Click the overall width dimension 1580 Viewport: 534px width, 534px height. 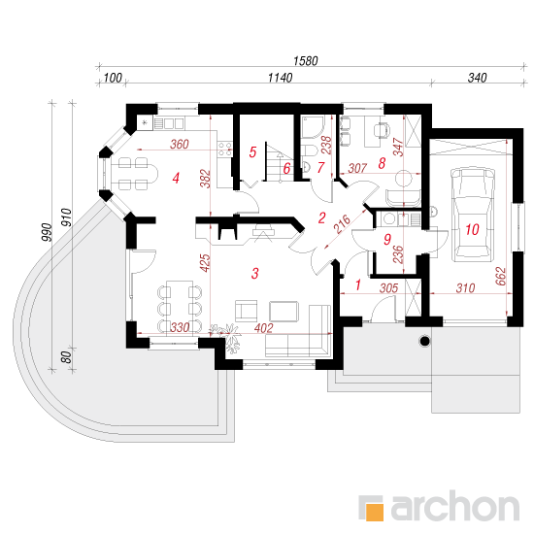(x=306, y=61)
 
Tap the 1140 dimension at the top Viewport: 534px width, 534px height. (x=280, y=78)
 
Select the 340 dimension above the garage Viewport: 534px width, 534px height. (x=477, y=78)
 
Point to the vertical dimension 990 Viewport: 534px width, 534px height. (x=47, y=232)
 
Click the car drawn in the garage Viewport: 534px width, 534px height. (x=473, y=215)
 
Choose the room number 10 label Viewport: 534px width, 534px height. (x=473, y=229)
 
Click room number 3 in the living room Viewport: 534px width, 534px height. (x=254, y=273)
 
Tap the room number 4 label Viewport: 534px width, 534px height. (x=176, y=178)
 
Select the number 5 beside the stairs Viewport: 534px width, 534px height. (x=252, y=152)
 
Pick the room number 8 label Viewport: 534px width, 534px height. (x=382, y=163)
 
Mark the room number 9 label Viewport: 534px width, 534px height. (x=387, y=240)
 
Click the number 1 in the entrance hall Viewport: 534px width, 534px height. (x=358, y=284)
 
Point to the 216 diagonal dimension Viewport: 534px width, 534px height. (x=342, y=224)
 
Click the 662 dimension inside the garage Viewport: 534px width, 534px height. (x=501, y=276)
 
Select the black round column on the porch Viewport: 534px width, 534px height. (x=424, y=341)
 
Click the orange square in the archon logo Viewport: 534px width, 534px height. (x=374, y=512)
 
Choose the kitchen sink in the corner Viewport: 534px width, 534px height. (x=146, y=122)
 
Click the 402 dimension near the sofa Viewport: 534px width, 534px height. (x=263, y=328)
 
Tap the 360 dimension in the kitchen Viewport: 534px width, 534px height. (x=180, y=144)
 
